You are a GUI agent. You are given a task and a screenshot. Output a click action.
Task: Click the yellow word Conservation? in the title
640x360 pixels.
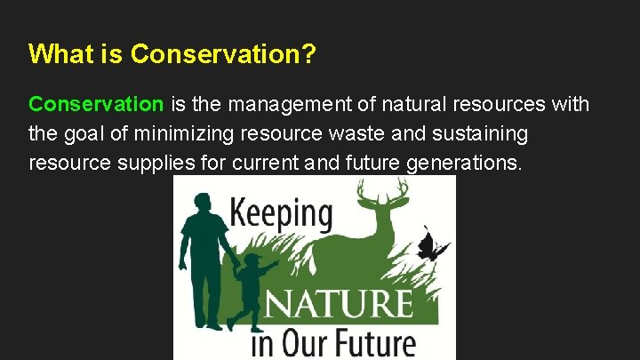223,54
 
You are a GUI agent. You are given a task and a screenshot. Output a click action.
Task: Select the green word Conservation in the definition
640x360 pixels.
96,105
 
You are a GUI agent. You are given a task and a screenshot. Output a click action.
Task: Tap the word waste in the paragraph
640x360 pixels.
374,134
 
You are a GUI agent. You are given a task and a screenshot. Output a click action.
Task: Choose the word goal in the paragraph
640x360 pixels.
82,134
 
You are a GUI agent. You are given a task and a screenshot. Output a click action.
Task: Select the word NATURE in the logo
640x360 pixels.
339,304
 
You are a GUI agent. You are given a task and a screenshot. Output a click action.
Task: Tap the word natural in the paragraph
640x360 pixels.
417,105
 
